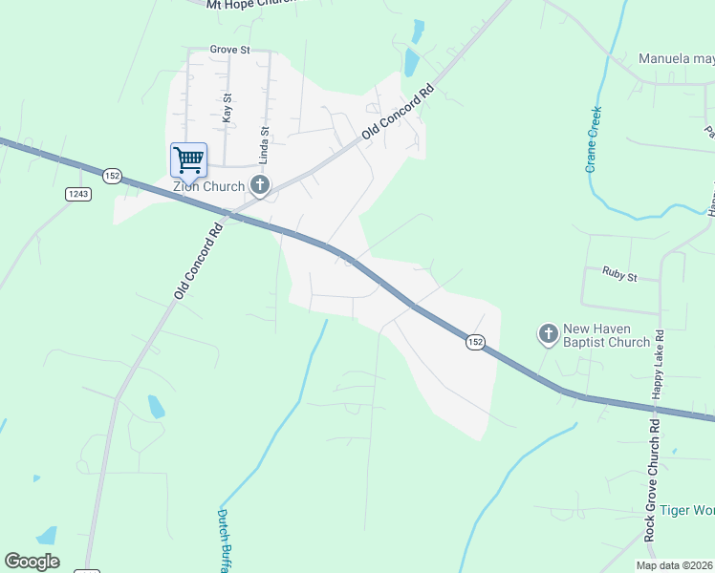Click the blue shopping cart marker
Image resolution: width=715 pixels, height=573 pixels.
pos(188,159)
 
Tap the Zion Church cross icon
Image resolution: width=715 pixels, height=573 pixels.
pos(258,184)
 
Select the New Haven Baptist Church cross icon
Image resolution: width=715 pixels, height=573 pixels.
pos(549,333)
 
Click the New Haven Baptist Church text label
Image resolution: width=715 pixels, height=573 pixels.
pos(607,334)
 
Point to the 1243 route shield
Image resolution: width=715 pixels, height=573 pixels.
pos(78,194)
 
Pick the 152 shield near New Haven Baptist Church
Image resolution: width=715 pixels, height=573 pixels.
pos(474,342)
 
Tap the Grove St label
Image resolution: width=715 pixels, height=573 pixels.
pos(229,50)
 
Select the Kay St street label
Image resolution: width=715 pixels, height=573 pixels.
pos(227,106)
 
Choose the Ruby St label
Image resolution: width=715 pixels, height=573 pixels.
pos(619,274)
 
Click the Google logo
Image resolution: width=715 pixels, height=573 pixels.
pos(32,562)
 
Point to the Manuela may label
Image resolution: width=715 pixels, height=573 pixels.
pos(676,58)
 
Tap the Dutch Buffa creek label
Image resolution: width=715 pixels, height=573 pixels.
pos(224,540)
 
